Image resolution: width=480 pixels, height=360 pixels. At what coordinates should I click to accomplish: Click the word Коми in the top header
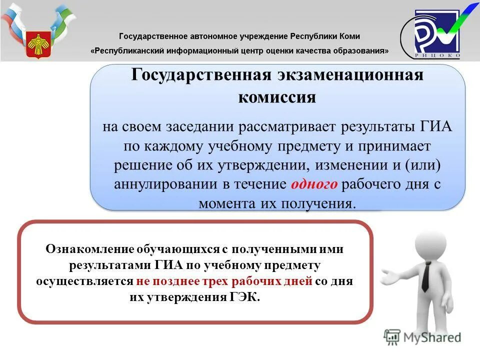click(349, 36)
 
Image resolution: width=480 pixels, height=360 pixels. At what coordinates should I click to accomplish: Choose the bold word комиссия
click(277, 96)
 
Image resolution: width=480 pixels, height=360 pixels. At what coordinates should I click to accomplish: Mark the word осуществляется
click(84, 281)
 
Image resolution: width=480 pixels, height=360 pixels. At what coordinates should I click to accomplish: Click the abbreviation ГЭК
click(245, 297)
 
